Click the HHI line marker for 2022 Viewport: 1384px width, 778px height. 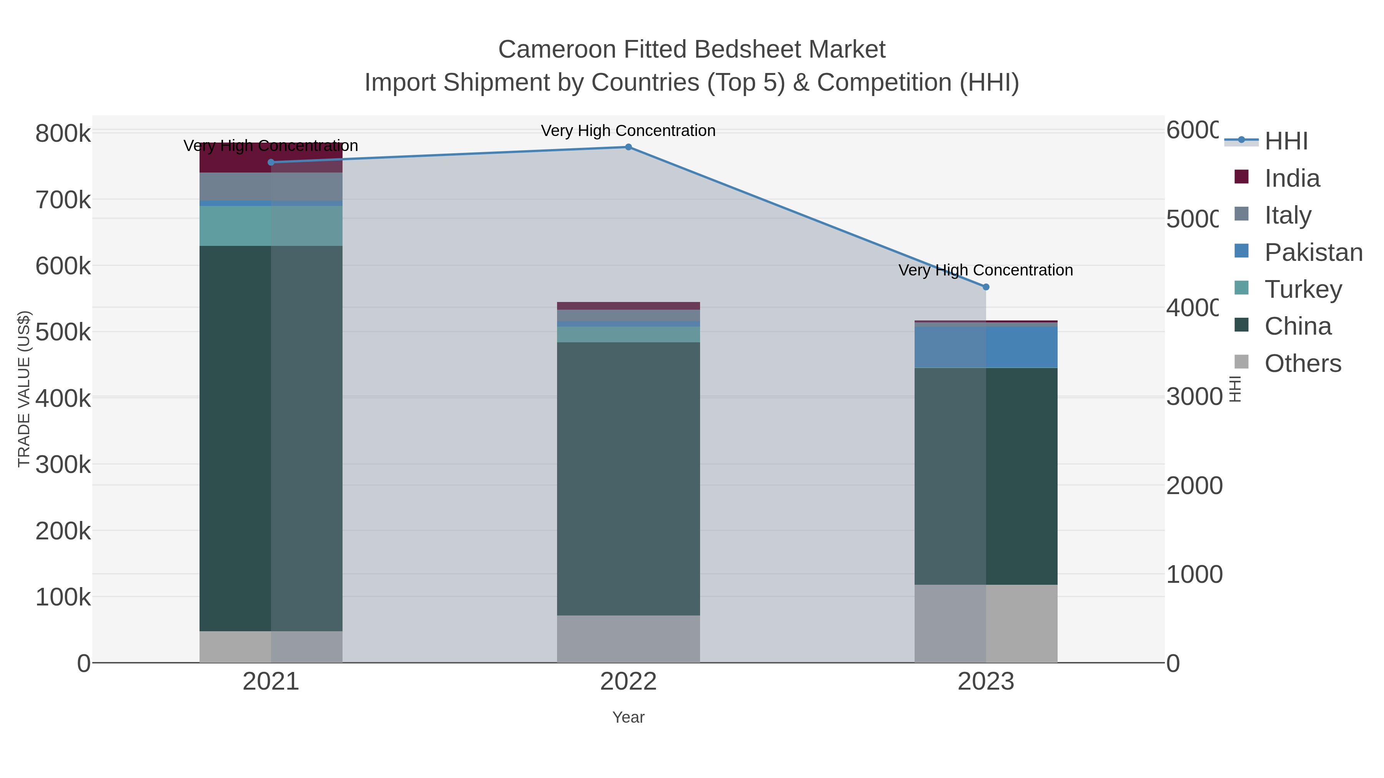628,147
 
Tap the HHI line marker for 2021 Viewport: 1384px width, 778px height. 271,162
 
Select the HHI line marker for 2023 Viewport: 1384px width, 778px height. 986,287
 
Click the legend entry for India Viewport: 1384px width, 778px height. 1292,178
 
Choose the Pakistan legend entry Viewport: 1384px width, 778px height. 1313,252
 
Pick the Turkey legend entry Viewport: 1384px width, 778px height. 1303,289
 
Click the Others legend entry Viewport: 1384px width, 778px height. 1302,363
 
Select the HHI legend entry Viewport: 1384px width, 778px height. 1286,141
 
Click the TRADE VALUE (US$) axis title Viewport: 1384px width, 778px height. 24,389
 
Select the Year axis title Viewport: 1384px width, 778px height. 628,717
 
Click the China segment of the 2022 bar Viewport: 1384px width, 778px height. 628,478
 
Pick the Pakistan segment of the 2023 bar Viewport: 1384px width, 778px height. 986,347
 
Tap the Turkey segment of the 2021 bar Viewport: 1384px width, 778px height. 271,226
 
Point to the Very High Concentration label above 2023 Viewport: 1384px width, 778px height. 985,270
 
